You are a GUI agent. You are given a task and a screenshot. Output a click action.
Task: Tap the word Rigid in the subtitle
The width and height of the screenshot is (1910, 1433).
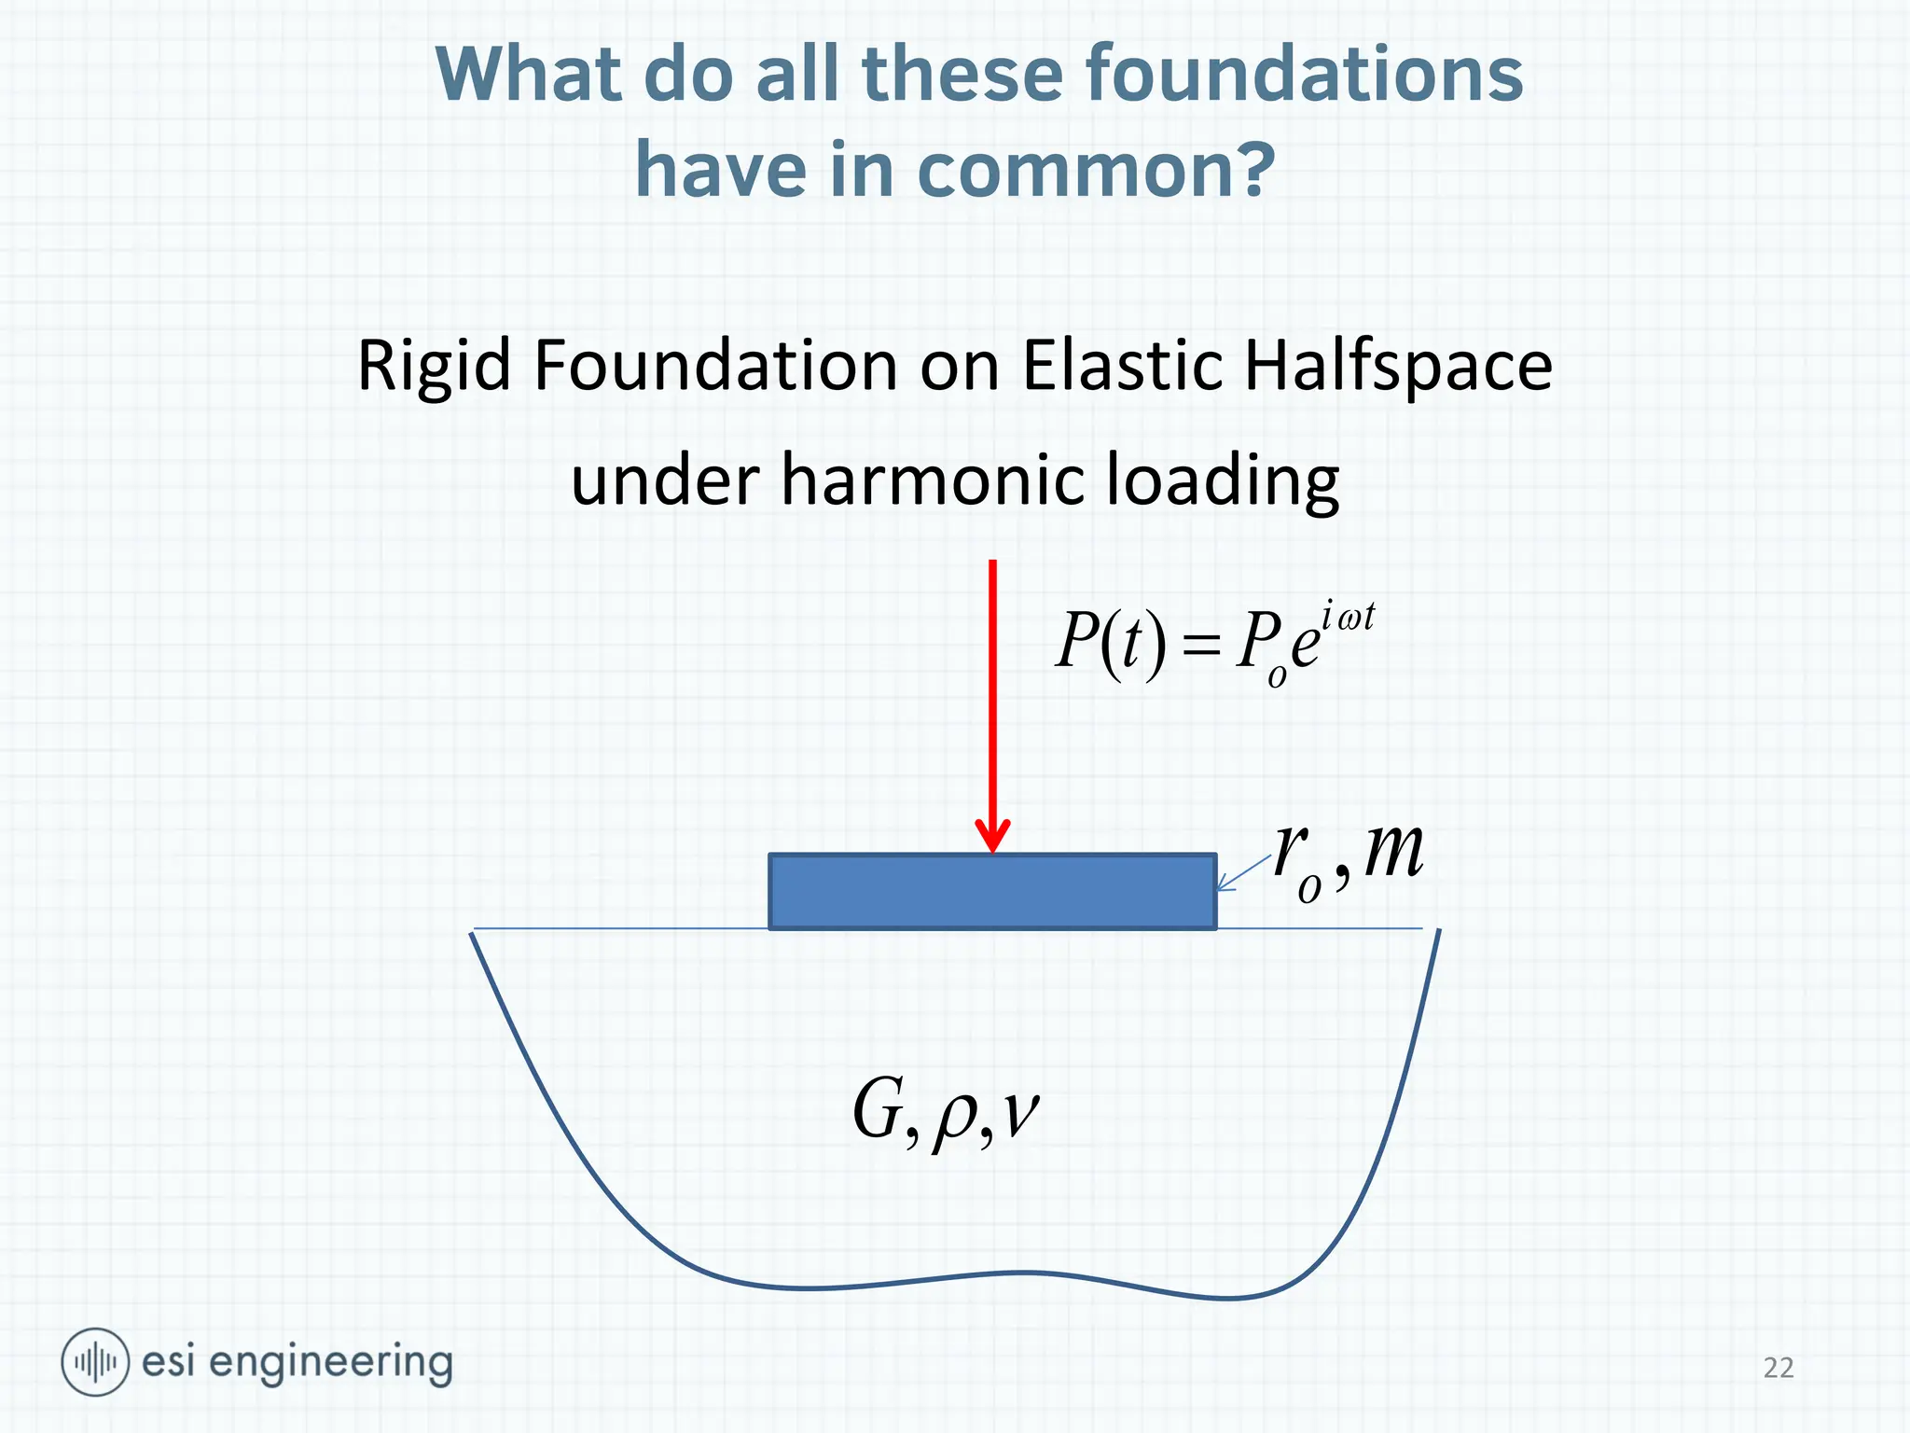coord(434,367)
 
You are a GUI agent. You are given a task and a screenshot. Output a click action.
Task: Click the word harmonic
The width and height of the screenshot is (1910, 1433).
coord(933,480)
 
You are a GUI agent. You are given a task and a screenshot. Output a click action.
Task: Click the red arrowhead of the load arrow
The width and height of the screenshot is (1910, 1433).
coord(992,834)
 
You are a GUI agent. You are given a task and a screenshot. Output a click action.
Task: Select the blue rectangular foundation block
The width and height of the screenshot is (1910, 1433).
coord(992,892)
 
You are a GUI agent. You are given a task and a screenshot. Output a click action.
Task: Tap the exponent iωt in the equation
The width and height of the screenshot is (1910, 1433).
coord(1348,619)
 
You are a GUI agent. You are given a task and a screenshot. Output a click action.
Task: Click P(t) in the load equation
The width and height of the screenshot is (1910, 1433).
coord(1110,643)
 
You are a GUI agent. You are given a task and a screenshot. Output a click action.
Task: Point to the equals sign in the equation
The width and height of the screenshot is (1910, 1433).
coord(1200,645)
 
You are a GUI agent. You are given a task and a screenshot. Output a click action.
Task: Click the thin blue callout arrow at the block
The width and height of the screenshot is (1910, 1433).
coord(1242,873)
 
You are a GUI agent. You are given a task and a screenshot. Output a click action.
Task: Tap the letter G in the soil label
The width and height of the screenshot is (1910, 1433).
coord(879,1110)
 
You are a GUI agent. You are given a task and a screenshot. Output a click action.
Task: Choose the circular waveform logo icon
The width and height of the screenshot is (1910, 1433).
coord(94,1362)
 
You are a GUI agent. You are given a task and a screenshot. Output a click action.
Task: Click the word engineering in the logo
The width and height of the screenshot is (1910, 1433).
coord(330,1364)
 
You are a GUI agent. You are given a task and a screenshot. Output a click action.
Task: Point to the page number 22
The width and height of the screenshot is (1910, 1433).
coord(1778,1368)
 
